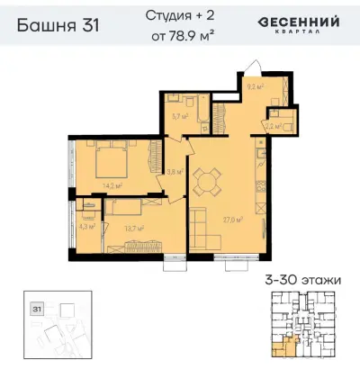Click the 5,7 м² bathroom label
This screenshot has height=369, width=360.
(x=178, y=116)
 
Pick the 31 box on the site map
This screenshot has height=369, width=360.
(x=36, y=307)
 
